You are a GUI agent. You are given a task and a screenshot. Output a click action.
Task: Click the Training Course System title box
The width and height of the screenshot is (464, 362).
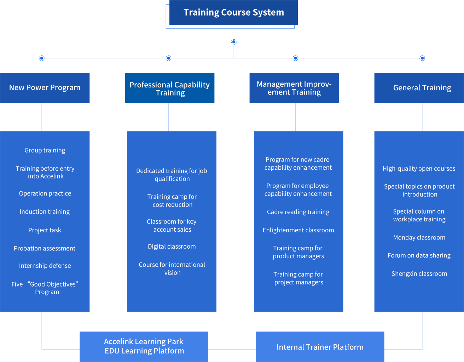click(233, 13)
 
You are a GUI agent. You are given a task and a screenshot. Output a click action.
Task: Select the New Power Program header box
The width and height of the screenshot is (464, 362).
click(45, 88)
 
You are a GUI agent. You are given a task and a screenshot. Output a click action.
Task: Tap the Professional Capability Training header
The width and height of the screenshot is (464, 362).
click(169, 88)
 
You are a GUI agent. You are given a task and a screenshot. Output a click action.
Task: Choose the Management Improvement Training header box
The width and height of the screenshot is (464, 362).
click(294, 88)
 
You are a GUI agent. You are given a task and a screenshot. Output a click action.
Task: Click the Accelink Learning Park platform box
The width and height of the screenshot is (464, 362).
click(144, 346)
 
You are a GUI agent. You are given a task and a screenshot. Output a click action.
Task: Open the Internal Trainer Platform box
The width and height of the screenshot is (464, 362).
click(320, 347)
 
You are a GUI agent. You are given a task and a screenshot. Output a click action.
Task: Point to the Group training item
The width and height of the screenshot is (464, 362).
click(45, 150)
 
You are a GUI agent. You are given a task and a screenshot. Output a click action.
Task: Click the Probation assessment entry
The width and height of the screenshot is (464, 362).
click(45, 248)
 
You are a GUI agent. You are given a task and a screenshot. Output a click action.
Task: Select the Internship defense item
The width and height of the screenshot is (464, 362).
click(45, 266)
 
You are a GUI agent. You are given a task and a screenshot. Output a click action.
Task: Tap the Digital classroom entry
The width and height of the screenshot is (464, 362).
click(172, 247)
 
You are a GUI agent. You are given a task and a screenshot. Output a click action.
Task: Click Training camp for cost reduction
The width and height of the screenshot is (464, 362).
click(172, 200)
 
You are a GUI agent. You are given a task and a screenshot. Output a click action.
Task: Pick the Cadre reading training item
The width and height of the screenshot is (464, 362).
click(298, 212)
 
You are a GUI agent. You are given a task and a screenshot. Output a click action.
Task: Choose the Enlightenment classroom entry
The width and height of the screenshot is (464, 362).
click(298, 230)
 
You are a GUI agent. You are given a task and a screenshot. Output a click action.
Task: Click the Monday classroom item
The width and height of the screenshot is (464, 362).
click(419, 237)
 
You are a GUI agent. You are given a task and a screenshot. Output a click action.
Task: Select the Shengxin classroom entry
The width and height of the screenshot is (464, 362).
click(419, 273)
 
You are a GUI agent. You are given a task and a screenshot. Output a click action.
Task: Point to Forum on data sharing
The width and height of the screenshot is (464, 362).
click(419, 255)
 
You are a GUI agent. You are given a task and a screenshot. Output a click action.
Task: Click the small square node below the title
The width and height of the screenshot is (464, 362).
click(234, 42)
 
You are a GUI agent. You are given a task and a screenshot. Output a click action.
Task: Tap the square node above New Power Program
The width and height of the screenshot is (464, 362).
click(42, 58)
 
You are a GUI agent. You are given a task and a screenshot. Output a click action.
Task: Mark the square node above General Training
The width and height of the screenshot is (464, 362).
click(422, 58)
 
